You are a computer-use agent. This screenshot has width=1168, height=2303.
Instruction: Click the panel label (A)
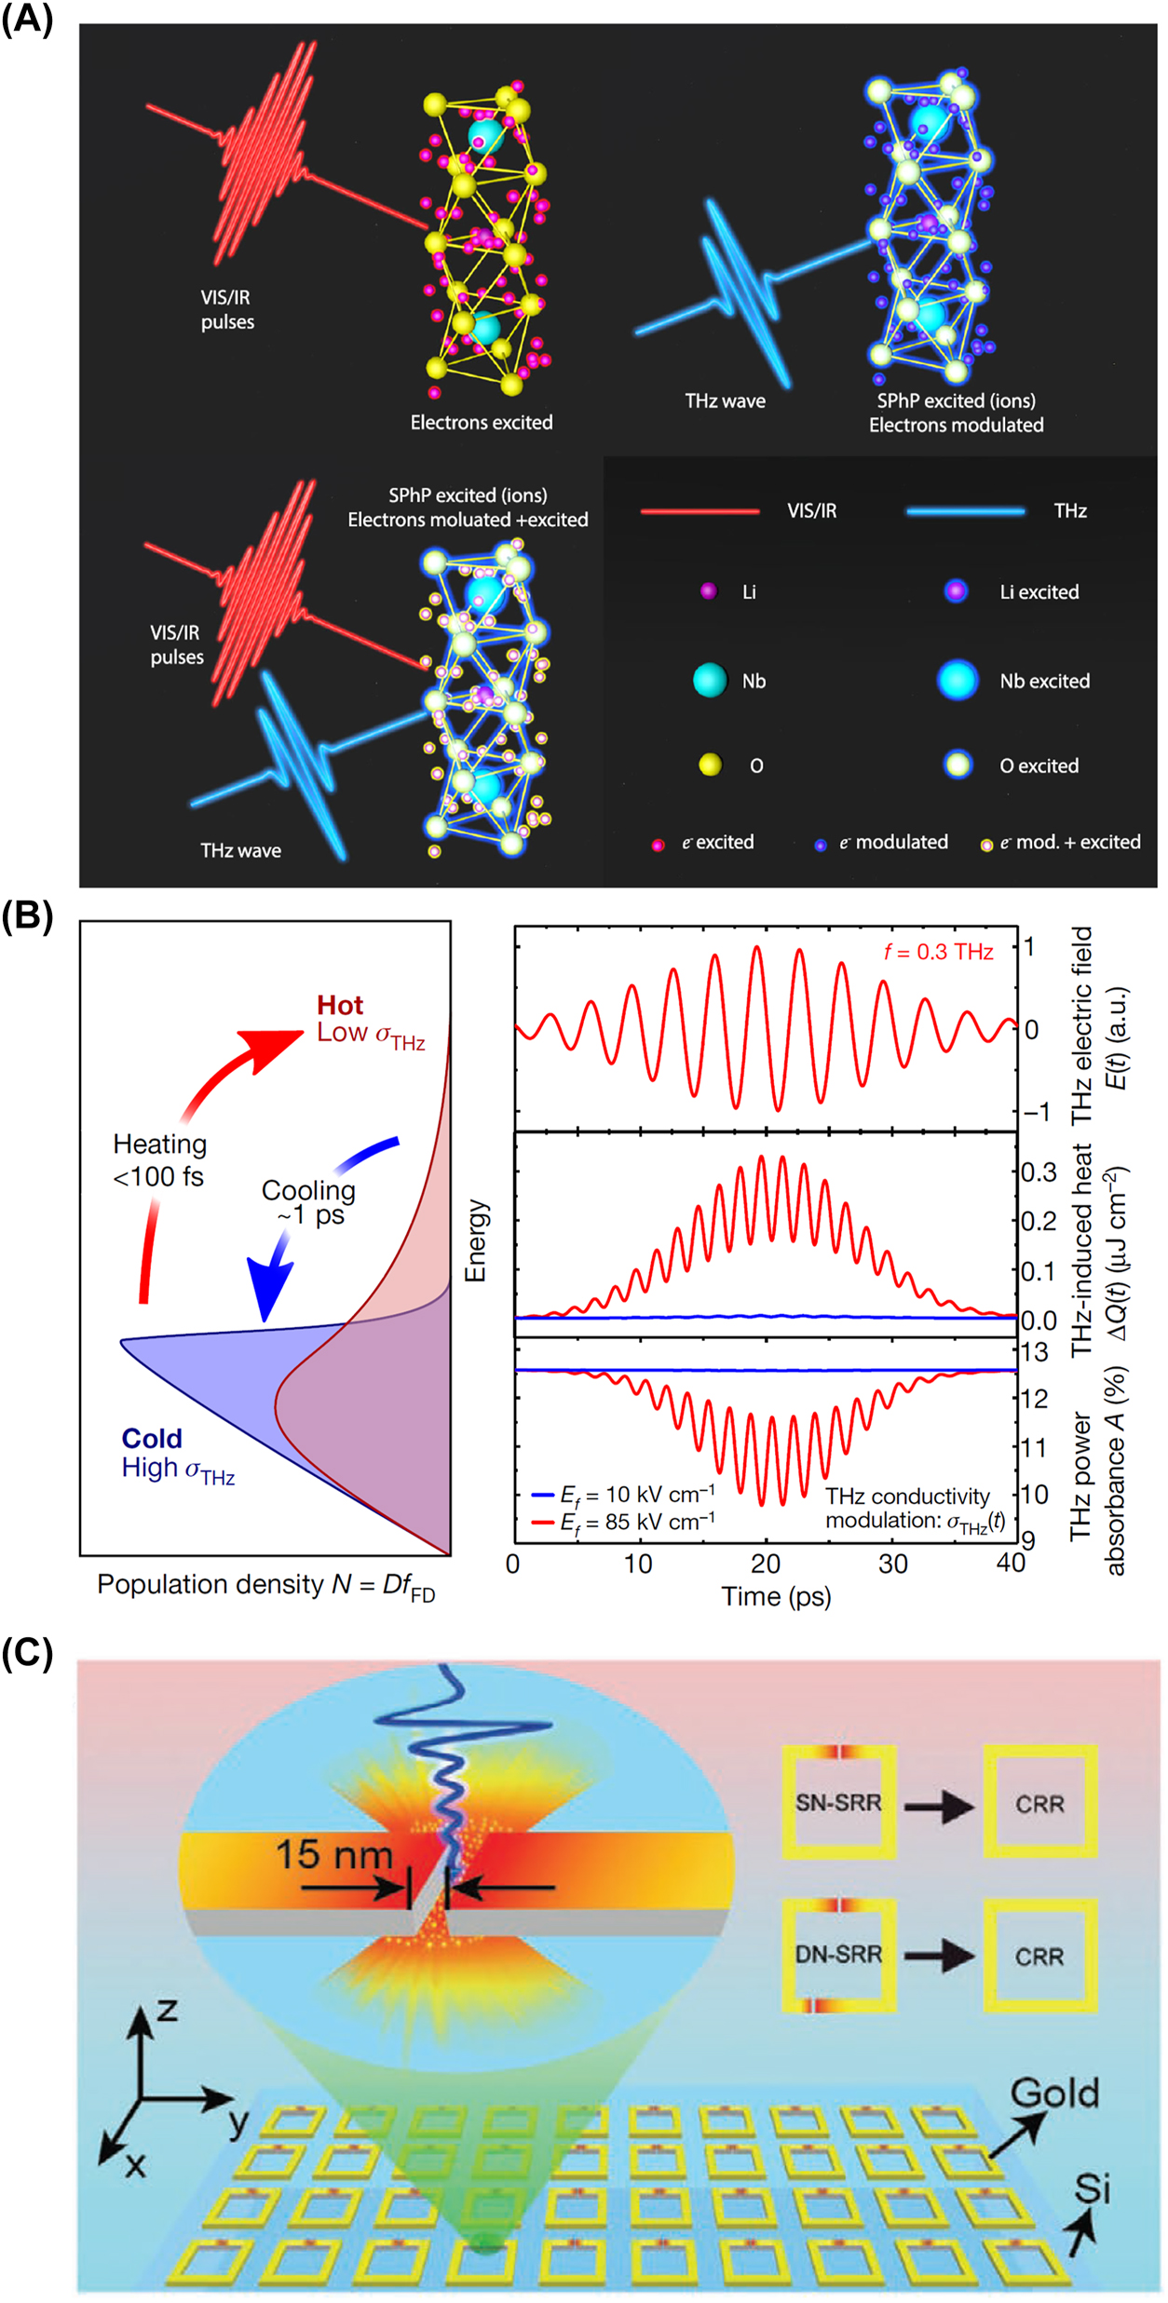coord(27,18)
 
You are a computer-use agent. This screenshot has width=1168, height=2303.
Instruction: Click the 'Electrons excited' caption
coord(482,423)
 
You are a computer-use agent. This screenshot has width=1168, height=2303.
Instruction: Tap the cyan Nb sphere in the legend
coord(710,681)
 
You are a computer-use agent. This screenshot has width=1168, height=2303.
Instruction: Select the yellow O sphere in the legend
coord(710,765)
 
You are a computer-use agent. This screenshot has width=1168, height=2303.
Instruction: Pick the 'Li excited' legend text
coord(1039,592)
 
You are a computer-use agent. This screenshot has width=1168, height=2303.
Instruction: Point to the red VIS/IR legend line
coord(700,511)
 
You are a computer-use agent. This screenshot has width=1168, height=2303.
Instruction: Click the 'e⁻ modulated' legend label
coord(892,843)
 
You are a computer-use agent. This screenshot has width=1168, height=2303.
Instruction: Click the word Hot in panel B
coord(339,1006)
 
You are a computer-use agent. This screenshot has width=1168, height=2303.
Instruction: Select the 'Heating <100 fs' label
coord(159,1160)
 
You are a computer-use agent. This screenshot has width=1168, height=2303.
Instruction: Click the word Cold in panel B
coord(152,1439)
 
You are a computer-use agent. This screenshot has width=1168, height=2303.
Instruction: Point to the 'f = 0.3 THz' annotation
coord(939,952)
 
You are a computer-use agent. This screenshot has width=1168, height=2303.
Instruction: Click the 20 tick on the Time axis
coord(766,1564)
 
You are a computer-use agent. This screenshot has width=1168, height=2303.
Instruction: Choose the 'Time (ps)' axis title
coord(776,1597)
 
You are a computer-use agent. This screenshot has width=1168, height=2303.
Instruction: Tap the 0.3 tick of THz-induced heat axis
coord(1038,1172)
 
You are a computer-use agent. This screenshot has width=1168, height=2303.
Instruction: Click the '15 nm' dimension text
coord(334,1854)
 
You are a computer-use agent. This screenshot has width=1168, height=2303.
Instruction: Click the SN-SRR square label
coord(838,1803)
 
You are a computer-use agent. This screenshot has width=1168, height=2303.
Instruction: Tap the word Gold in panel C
coord(1054,2093)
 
